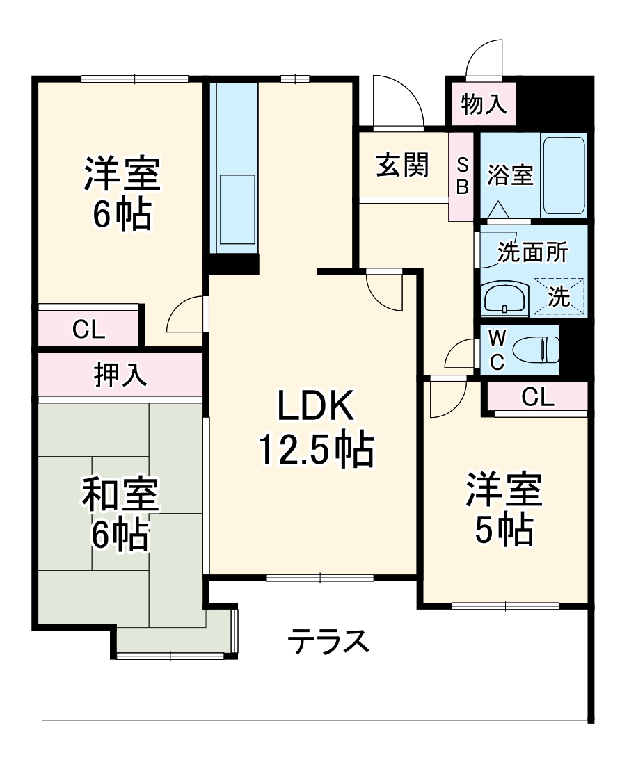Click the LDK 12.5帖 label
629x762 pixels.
317,429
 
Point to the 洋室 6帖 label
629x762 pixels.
122,193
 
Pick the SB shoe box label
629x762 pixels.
463,177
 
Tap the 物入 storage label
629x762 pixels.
483,105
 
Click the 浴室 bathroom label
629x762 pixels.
510,175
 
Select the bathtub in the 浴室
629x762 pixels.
563,176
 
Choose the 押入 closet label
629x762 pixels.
120,375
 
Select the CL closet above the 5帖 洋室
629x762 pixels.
537,397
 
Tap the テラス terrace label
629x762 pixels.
328,640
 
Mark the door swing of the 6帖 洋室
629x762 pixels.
189,316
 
